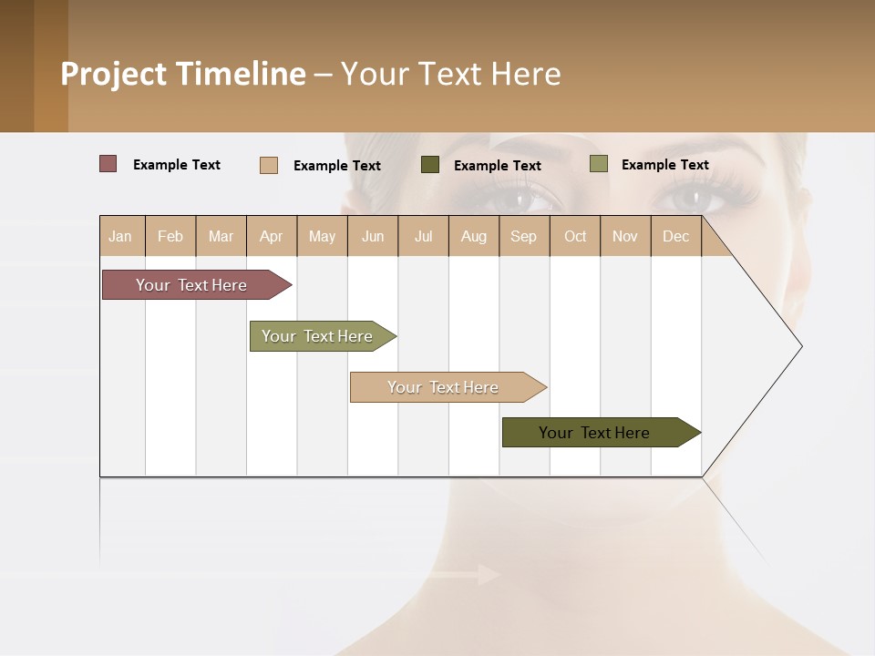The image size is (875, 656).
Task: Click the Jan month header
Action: (120, 236)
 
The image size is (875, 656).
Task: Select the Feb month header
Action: (170, 236)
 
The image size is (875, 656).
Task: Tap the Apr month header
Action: (272, 236)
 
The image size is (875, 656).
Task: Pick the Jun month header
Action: (373, 236)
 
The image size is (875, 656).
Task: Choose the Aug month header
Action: (474, 236)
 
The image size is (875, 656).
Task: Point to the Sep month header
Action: (524, 236)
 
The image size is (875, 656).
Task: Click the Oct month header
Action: (575, 236)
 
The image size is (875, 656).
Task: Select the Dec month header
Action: (676, 236)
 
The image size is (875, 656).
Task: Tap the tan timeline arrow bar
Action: (444, 387)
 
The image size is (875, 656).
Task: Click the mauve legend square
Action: (108, 164)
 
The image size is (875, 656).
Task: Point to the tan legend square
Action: (269, 165)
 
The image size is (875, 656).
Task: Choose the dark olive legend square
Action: (430, 165)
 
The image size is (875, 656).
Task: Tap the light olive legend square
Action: (598, 164)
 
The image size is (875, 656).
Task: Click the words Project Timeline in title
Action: (183, 74)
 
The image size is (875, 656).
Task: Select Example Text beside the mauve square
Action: (177, 165)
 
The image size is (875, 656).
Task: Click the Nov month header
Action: (625, 236)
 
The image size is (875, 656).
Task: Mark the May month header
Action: (322, 236)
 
